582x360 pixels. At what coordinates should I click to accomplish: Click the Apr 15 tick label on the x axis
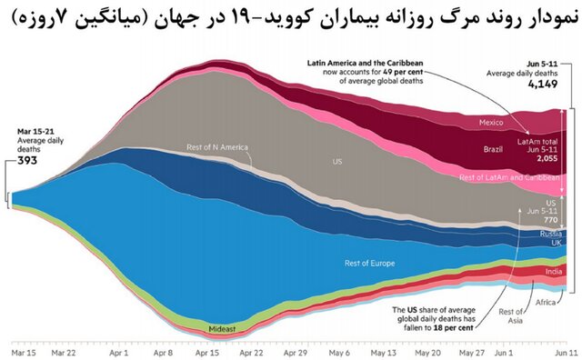208,351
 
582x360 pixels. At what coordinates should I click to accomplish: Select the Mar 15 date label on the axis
23,351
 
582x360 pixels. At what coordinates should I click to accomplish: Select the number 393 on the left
28,163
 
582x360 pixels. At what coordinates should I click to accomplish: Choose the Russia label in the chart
550,234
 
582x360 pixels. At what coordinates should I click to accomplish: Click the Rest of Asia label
512,317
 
